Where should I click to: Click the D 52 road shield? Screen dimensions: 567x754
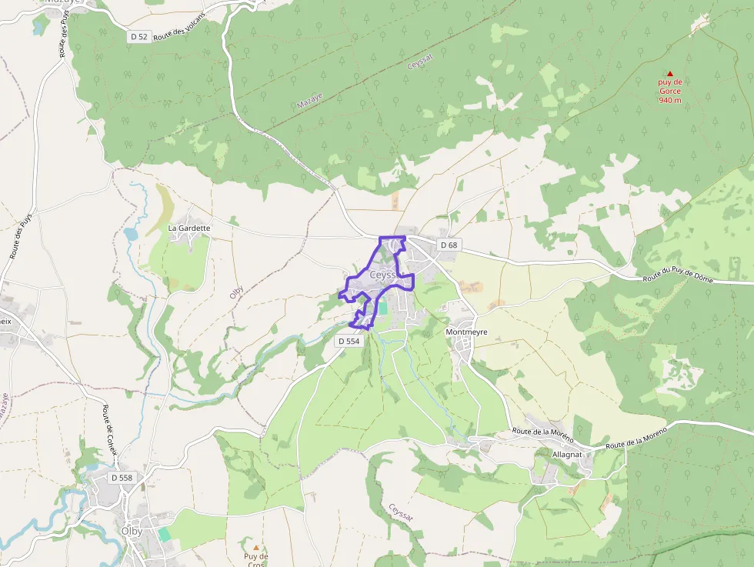click(138, 36)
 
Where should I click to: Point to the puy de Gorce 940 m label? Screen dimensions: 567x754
click(669, 91)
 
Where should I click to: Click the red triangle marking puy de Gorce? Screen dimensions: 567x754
click(669, 74)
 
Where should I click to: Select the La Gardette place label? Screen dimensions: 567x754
click(188, 228)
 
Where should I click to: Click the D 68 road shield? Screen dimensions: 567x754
click(449, 245)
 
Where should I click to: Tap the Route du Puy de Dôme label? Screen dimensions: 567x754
click(678, 276)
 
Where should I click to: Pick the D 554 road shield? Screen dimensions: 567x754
click(349, 341)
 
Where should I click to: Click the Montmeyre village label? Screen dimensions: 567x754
click(466, 332)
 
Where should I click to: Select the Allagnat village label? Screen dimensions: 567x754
click(567, 455)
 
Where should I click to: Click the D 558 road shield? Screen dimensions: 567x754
click(122, 478)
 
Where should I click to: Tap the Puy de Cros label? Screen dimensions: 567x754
click(256, 559)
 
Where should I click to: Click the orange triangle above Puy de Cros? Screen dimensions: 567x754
click(256, 548)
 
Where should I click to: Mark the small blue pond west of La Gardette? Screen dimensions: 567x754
click(130, 232)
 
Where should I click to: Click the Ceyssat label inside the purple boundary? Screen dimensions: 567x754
click(382, 275)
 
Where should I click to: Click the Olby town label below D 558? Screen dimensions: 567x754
click(131, 531)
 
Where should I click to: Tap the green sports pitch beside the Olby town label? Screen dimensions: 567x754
click(165, 534)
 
